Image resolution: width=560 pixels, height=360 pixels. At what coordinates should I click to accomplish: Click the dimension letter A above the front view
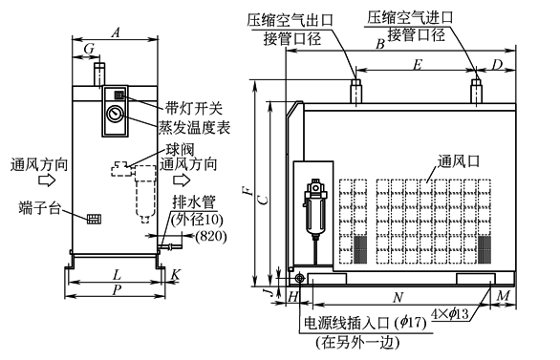coord(115,32)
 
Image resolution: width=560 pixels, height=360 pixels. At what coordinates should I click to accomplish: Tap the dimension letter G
coord(89,49)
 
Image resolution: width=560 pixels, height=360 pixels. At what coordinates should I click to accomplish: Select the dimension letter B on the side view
coord(380,44)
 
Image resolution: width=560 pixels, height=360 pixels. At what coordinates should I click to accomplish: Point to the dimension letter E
coord(418,65)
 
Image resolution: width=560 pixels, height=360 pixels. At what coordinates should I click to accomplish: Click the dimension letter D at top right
coord(497,65)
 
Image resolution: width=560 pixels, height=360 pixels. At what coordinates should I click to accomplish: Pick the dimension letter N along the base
coord(398,297)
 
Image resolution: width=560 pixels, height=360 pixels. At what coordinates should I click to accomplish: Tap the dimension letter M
coord(504,296)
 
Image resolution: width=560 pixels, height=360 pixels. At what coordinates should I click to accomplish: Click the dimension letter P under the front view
coord(116,290)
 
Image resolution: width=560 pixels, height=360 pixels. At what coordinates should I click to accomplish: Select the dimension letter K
coord(175,274)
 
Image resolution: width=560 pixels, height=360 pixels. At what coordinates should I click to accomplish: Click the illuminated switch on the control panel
coord(118,95)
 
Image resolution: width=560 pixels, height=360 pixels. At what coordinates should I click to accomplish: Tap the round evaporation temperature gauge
coord(115,114)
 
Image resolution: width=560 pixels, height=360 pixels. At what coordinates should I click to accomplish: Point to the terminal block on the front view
coord(94,219)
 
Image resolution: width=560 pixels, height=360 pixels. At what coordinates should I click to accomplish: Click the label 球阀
coord(181,150)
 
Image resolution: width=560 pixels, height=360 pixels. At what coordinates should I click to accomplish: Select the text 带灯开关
coord(194,108)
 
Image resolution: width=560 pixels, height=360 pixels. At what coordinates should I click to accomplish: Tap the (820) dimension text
coord(210,236)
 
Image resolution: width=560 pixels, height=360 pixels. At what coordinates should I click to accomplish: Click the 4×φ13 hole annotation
coord(450,313)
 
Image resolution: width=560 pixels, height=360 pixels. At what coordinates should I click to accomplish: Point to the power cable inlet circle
coord(299,278)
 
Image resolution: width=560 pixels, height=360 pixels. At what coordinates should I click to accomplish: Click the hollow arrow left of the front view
coord(47,180)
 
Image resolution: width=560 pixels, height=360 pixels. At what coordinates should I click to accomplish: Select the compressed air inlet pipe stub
coord(477,92)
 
